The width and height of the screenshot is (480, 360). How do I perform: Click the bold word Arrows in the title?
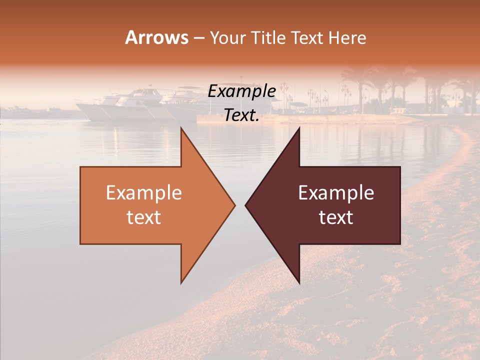[x=157, y=37]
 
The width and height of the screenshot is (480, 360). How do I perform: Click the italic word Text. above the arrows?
[x=241, y=115]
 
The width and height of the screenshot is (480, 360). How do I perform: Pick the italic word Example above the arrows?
[x=241, y=91]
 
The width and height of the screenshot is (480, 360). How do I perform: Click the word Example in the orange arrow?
[x=143, y=193]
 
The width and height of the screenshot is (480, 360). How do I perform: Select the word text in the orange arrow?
[x=143, y=217]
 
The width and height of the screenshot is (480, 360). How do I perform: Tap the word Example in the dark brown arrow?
[x=336, y=193]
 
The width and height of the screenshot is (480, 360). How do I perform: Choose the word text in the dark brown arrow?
[x=336, y=217]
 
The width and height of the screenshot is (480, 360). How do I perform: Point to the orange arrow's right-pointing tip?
[x=234, y=205]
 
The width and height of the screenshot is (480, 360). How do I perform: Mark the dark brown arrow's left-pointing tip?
[x=246, y=205]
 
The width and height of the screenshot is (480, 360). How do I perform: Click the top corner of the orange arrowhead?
[x=181, y=128]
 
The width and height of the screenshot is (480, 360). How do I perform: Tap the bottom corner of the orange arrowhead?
[x=181, y=282]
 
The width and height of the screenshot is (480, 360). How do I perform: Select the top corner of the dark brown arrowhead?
[x=299, y=128]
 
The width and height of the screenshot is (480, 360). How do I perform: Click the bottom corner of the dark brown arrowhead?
[x=299, y=282]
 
